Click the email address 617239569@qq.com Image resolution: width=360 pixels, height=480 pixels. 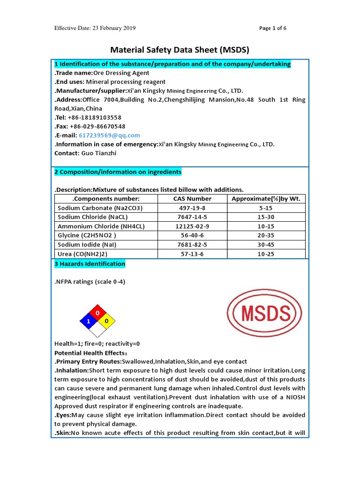109,135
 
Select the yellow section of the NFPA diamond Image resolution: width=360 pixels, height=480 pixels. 107,321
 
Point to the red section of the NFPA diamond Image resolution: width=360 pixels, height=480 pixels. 97,312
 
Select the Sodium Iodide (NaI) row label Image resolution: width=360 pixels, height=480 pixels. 87,245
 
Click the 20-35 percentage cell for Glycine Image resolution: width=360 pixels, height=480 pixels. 266,235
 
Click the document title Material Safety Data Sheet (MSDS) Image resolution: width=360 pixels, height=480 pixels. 180,50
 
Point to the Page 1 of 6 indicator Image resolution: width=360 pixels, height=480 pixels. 273,28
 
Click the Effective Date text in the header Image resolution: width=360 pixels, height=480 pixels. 95,28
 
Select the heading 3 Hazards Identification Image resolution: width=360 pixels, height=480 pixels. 90,264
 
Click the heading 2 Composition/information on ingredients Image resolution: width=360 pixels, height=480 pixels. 118,172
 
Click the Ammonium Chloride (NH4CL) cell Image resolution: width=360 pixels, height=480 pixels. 101,226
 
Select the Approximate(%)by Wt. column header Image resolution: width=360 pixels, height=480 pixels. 266,199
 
